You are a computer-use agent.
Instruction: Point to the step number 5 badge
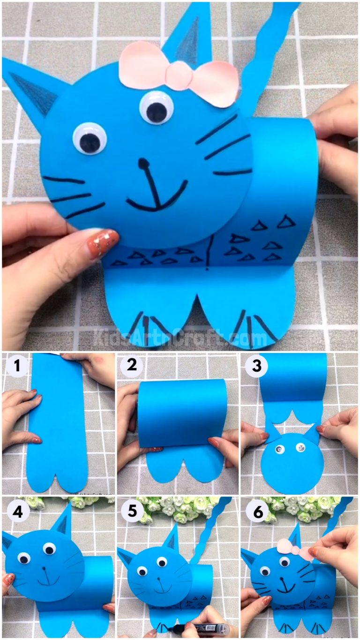coord(132,511)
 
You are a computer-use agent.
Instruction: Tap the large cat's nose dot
coord(143,163)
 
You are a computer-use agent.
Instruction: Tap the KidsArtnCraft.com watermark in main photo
coord(180,337)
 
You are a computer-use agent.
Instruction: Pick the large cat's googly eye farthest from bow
coord(89,139)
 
